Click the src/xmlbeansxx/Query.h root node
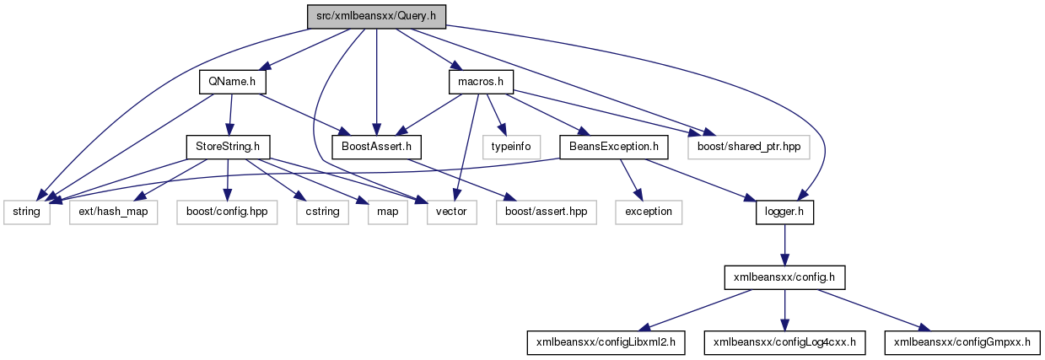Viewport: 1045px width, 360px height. pyautogui.click(x=375, y=15)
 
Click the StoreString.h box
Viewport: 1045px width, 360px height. pyautogui.click(x=228, y=147)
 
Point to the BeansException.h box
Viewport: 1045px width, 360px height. pyautogui.click(x=614, y=147)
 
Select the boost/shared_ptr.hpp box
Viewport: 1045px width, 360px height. pyautogui.click(x=748, y=147)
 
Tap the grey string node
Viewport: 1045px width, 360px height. pyautogui.click(x=27, y=212)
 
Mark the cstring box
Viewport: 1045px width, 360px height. pyautogui.click(x=321, y=212)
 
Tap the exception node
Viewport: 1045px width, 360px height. pyautogui.click(x=648, y=212)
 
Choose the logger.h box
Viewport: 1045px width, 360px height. pyautogui.click(x=784, y=212)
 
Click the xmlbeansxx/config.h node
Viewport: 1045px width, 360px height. pyautogui.click(x=784, y=277)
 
